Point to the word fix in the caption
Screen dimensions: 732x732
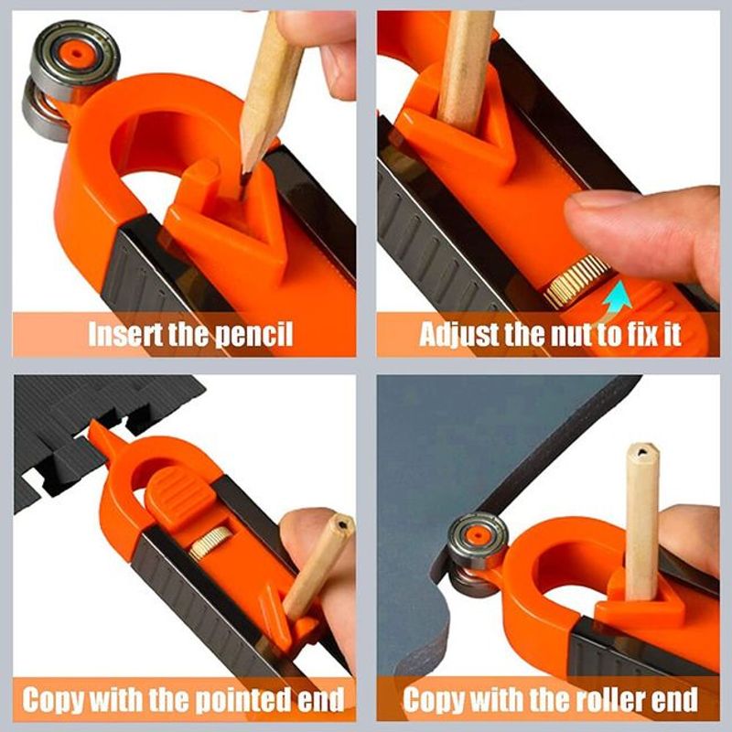635,334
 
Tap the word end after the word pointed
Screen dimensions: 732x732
320,702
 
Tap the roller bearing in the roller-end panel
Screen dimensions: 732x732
478,541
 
